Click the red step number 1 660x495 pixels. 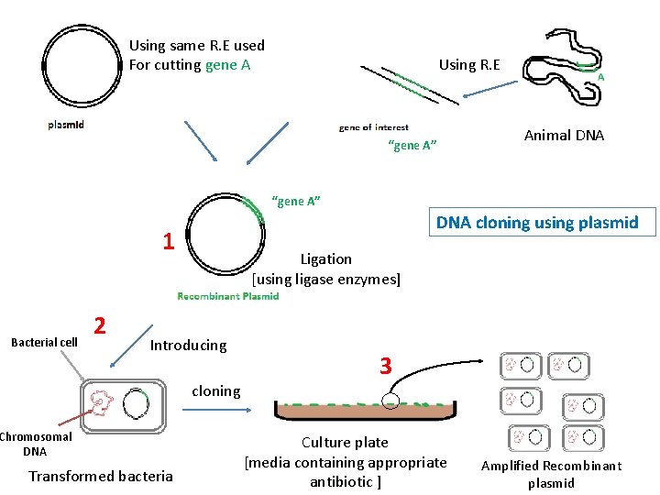click(168, 242)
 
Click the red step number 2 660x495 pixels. click(102, 325)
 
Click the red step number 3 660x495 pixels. click(386, 367)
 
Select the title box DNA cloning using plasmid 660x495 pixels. click(536, 223)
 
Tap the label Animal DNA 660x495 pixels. click(564, 136)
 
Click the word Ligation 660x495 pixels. click(325, 259)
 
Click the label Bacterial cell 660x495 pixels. click(44, 343)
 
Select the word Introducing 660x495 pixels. click(188, 346)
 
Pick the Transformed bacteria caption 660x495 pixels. click(100, 476)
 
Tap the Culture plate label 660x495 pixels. click(345, 443)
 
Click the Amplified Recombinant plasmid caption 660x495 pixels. click(551, 474)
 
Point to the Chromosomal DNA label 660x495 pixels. click(35, 444)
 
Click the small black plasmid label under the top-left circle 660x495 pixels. click(66, 125)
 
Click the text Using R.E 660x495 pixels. click(469, 64)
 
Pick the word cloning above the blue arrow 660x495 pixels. click(215, 391)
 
